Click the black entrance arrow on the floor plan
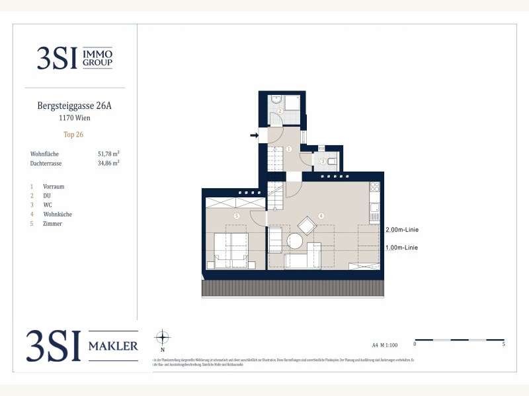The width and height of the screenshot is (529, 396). pyautogui.click(x=254, y=136)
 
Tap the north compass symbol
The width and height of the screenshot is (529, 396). pyautogui.click(x=163, y=338)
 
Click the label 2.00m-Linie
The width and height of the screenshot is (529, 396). pyautogui.click(x=401, y=230)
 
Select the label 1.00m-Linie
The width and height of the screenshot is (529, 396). pyautogui.click(x=401, y=247)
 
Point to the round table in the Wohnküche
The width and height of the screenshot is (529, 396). pyautogui.click(x=294, y=242)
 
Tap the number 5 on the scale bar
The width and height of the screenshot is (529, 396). pyautogui.click(x=505, y=345)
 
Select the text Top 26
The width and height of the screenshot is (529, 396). pyautogui.click(x=73, y=135)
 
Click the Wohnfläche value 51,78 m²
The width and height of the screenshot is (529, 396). pyautogui.click(x=108, y=154)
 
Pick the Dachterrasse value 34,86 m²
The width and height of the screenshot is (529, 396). pyautogui.click(x=108, y=162)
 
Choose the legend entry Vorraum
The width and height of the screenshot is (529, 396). pyautogui.click(x=54, y=187)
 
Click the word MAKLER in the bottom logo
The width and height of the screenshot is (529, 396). pyautogui.click(x=113, y=346)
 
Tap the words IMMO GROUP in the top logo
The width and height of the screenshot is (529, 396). pyautogui.click(x=98, y=59)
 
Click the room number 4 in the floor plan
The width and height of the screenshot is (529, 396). pyautogui.click(x=321, y=216)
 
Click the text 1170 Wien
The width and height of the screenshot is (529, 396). pyautogui.click(x=74, y=119)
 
